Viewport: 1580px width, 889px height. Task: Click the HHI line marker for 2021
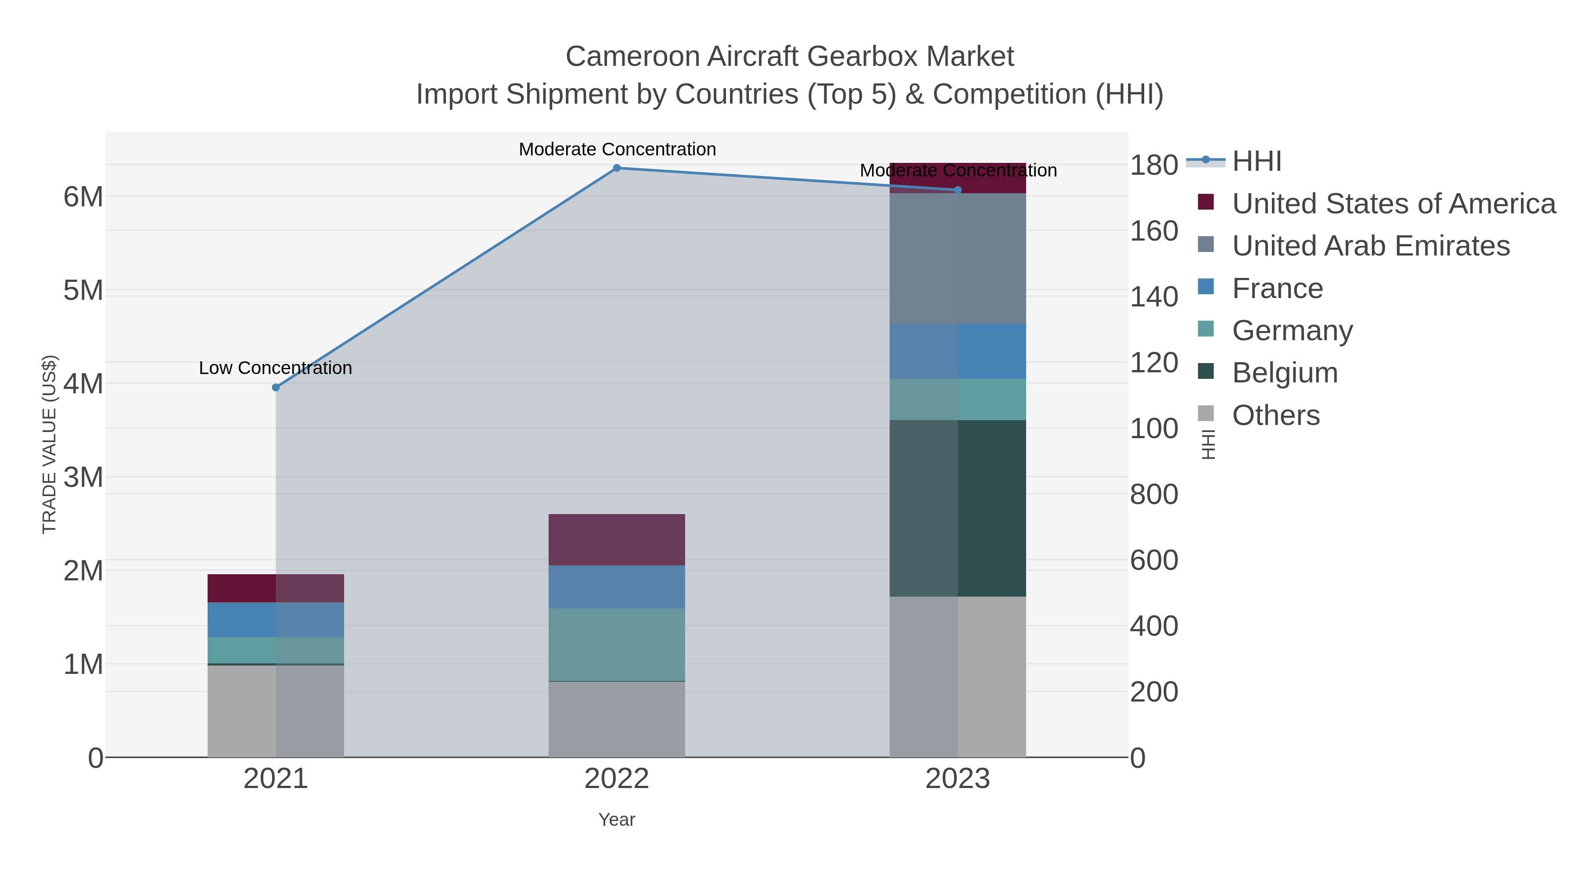(x=275, y=388)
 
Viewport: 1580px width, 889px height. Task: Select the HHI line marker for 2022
(x=617, y=168)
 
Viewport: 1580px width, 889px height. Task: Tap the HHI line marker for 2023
(x=958, y=190)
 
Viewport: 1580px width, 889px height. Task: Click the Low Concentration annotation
(x=275, y=368)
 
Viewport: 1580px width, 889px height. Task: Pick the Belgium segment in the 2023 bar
(x=958, y=508)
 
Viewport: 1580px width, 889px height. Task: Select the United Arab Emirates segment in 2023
(x=958, y=258)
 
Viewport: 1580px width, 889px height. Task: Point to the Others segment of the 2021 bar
(x=275, y=711)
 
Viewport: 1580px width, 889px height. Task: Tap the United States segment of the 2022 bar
(x=617, y=540)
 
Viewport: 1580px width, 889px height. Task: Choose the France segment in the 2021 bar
(x=275, y=619)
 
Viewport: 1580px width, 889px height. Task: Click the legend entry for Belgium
(x=1284, y=373)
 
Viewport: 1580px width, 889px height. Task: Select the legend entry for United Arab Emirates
(x=1370, y=246)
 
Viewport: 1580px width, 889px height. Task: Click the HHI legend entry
(x=1256, y=162)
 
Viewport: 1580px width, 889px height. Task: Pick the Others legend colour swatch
(x=1205, y=414)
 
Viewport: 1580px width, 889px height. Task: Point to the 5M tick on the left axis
(x=83, y=291)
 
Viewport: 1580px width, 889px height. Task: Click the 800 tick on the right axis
(x=1154, y=494)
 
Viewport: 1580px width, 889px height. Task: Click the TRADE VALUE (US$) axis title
(x=49, y=444)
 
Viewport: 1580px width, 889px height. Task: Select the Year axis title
(x=617, y=820)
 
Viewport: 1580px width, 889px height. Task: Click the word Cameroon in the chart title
(x=632, y=57)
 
